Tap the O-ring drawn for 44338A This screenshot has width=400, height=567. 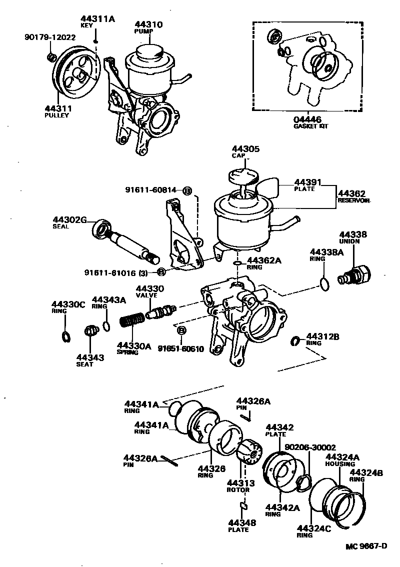324,285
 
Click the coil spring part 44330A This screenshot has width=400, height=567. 133,320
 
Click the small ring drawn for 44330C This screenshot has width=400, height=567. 65,334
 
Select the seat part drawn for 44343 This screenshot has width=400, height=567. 90,330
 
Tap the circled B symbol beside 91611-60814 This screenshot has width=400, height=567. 187,190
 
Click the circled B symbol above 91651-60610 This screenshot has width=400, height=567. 181,330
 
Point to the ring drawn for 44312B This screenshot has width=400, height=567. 295,341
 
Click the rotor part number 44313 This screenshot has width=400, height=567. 240,483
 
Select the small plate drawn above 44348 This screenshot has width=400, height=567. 243,506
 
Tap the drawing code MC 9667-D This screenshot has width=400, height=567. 366,545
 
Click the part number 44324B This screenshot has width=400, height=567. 366,472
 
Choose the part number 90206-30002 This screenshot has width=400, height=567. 310,447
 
